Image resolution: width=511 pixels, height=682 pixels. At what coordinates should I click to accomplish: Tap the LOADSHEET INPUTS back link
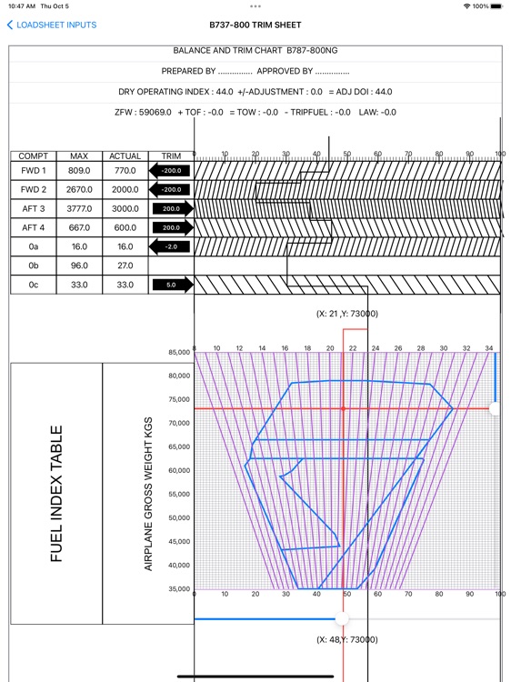tap(52, 25)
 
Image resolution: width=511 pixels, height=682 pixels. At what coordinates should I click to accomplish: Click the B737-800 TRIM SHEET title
tap(255, 25)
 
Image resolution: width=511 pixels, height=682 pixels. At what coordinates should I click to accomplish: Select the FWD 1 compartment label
tap(33, 170)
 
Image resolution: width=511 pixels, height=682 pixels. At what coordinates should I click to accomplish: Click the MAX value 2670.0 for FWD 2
tap(79, 189)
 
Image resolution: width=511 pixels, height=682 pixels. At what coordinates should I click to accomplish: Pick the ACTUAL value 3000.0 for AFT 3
tap(125, 208)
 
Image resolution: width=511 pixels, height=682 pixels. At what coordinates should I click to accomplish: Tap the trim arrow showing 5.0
tap(172, 285)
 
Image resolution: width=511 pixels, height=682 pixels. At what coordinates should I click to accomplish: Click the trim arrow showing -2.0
tap(172, 246)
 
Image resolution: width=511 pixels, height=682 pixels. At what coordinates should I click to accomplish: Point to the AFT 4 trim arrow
tap(172, 227)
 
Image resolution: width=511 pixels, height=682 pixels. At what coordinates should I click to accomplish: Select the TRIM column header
tap(172, 156)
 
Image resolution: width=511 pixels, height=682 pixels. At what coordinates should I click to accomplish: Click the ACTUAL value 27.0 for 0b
tap(125, 266)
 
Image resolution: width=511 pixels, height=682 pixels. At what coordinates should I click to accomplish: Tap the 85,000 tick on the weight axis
tap(177, 352)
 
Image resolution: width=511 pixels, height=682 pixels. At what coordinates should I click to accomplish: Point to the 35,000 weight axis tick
tap(177, 589)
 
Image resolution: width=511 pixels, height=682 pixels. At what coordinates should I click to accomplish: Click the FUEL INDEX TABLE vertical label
tap(56, 494)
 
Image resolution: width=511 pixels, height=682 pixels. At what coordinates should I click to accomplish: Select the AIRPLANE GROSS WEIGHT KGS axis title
tap(148, 494)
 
